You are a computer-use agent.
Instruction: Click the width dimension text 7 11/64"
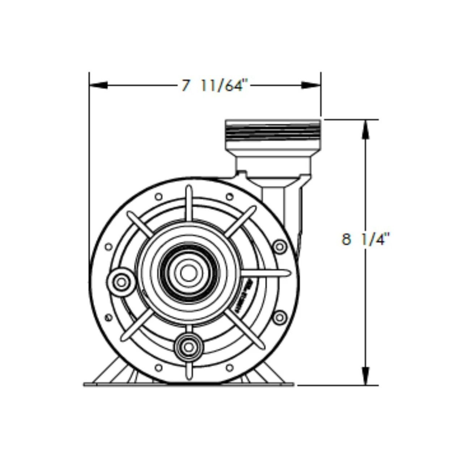pyautogui.click(x=214, y=86)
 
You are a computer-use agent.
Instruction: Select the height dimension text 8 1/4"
pyautogui.click(x=365, y=240)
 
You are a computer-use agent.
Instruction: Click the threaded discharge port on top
pyautogui.click(x=273, y=131)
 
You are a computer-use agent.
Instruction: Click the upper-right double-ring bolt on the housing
pyautogui.click(x=279, y=247)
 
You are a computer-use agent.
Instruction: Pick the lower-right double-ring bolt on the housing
pyautogui.click(x=279, y=318)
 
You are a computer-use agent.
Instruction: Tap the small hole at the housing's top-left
pyautogui.click(x=158, y=196)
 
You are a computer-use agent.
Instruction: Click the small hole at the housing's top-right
pyautogui.click(x=229, y=196)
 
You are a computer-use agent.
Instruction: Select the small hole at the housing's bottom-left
pyautogui.click(x=158, y=368)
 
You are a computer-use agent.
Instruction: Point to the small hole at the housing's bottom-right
pyautogui.click(x=229, y=368)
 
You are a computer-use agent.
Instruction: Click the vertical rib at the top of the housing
pyautogui.click(x=188, y=204)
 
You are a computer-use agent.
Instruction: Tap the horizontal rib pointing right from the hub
pyautogui.click(x=266, y=273)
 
